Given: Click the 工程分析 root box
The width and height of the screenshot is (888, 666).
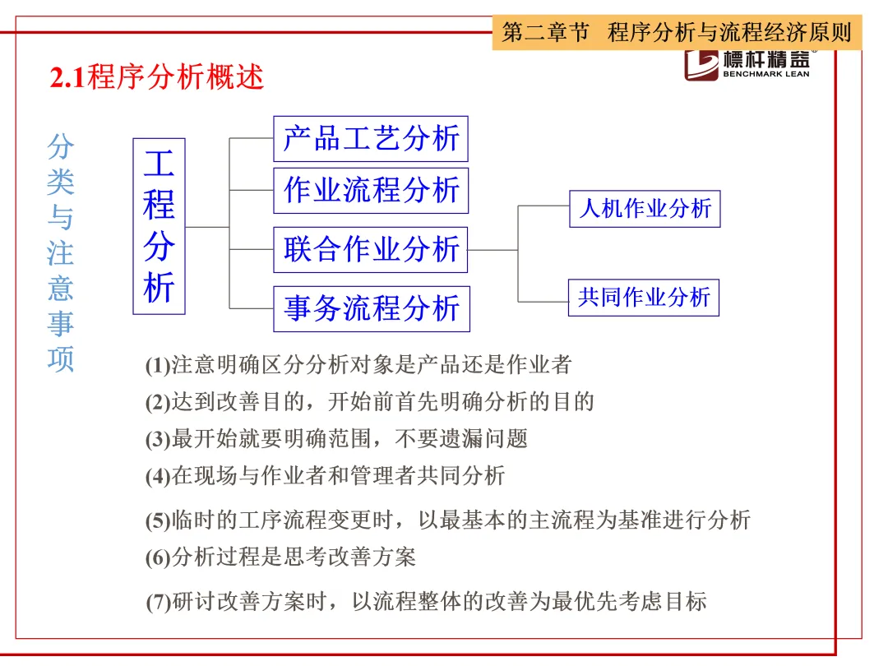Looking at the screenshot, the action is (x=159, y=226).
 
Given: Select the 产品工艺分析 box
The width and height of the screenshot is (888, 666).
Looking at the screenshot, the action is (x=371, y=138).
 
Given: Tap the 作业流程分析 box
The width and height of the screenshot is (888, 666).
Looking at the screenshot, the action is (x=371, y=191).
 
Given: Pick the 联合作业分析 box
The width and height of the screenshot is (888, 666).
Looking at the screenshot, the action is (x=371, y=249).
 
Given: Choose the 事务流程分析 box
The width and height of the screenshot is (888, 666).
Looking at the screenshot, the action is (x=371, y=308).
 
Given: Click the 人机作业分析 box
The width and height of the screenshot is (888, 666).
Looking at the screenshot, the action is (x=645, y=209).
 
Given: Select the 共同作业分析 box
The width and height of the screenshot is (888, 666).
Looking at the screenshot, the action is (x=644, y=297).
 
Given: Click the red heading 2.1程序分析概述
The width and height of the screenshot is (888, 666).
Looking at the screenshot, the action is (x=157, y=78).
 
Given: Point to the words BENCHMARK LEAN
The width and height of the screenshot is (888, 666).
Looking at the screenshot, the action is (x=765, y=74).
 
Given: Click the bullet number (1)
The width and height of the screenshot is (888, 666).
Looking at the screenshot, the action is (x=157, y=366).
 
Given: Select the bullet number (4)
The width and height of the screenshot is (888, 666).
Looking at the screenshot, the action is (x=157, y=476).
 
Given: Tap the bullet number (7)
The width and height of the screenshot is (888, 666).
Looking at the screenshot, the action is (x=157, y=603).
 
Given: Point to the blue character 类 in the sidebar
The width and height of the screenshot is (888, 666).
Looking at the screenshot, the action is (x=60, y=183).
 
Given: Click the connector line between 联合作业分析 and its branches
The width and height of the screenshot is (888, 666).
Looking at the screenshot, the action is (x=493, y=249).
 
